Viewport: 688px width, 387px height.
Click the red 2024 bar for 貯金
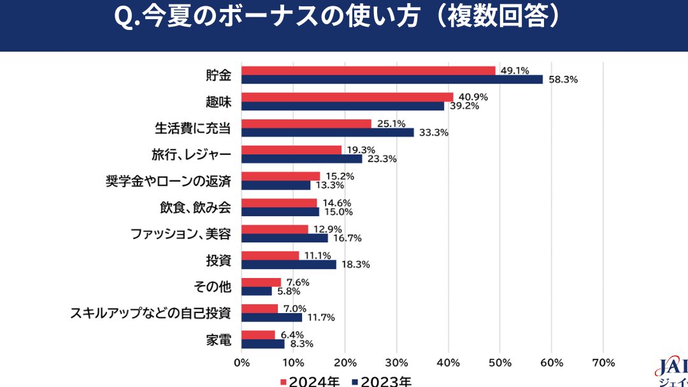click(x=369, y=71)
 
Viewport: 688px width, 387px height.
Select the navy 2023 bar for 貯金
click(x=392, y=80)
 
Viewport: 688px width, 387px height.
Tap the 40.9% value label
click(x=473, y=97)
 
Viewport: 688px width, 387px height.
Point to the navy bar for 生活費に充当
click(x=328, y=132)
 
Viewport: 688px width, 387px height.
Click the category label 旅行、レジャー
click(x=191, y=155)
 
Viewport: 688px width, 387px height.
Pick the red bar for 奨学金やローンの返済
click(x=281, y=176)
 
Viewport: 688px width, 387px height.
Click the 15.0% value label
click(x=338, y=212)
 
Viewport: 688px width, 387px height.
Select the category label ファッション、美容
click(x=181, y=234)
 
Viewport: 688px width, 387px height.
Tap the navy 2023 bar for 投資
click(x=289, y=265)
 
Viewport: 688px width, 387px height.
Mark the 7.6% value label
click(x=298, y=282)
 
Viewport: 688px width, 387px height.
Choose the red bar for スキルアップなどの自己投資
click(x=260, y=309)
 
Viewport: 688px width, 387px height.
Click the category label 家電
click(x=219, y=340)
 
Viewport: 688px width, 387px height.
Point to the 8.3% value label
click(x=302, y=344)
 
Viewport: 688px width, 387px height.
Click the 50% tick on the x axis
click(x=500, y=363)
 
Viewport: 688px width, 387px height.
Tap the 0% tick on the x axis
click(x=242, y=363)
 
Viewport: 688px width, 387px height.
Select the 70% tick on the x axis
click(x=603, y=363)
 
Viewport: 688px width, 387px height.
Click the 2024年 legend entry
click(x=310, y=382)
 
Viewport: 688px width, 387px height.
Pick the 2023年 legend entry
click(x=382, y=382)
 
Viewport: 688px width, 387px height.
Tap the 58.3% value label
click(x=563, y=80)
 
